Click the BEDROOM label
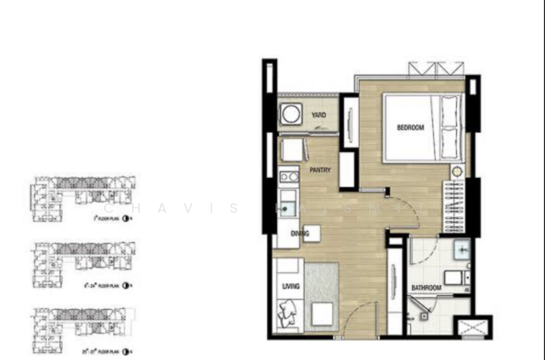tap(411, 127)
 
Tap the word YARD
tap(318, 115)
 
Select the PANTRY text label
tap(320, 170)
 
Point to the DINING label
tap(300, 234)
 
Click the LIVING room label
tap(291, 286)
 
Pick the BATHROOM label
tap(426, 288)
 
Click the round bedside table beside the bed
tap(456, 171)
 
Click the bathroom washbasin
tap(461, 250)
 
